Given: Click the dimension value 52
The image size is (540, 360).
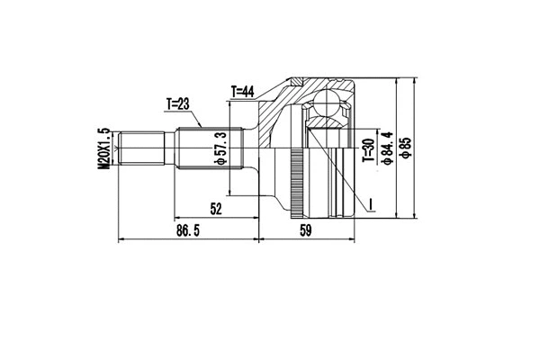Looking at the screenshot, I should tap(216, 209).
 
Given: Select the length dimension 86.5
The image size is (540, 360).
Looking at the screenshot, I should tap(187, 231).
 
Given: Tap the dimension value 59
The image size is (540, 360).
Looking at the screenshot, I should tap(305, 231).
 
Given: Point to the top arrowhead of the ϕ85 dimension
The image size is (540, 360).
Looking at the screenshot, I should tap(415, 80).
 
